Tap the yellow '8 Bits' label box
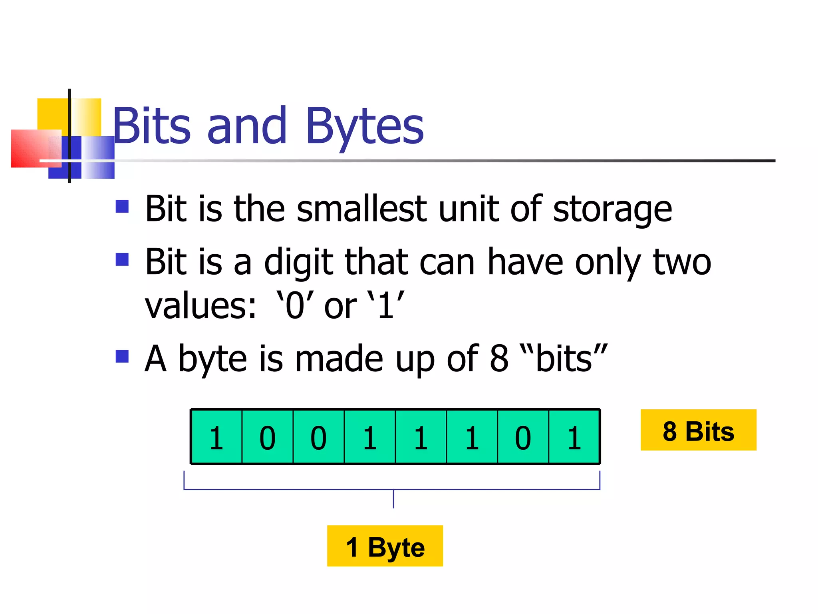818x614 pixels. pyautogui.click(x=698, y=430)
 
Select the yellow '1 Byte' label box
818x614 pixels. pyautogui.click(x=385, y=546)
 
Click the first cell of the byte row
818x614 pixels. pyautogui.click(x=216, y=437)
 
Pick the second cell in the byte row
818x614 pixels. pyautogui.click(x=268, y=437)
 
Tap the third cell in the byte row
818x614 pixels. pyautogui.click(x=319, y=437)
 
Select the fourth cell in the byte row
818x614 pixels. pyautogui.click(x=370, y=437)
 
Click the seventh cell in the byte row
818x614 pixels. pyautogui.click(x=523, y=437)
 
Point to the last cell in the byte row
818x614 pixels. pyautogui.click(x=574, y=437)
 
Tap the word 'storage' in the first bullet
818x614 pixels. pyautogui.click(x=612, y=210)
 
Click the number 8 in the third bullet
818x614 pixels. pyautogui.click(x=499, y=359)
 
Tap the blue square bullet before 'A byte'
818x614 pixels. pyautogui.click(x=122, y=356)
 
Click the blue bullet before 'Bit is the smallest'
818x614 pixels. pyautogui.click(x=122, y=206)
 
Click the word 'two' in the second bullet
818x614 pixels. pyautogui.click(x=682, y=262)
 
